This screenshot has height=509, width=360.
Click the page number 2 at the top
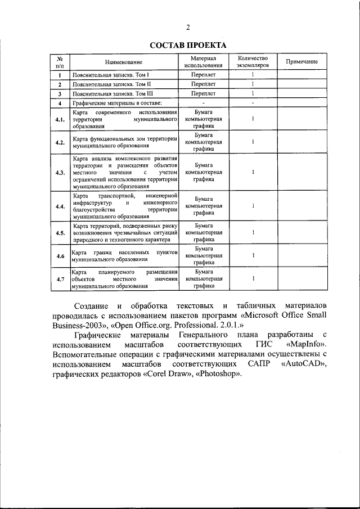[188, 28]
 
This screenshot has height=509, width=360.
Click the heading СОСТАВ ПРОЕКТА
[188, 45]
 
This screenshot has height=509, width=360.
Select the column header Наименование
[123, 61]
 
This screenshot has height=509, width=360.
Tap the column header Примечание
[301, 61]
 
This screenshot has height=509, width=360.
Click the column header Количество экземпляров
[253, 61]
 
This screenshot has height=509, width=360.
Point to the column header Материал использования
[203, 61]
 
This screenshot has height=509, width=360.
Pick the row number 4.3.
[60, 172]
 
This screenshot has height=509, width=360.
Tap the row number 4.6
[60, 256]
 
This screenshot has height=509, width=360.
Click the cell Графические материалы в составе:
[117, 103]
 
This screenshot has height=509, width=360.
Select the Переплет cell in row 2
[203, 84]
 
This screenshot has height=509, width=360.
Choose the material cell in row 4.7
[203, 278]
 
